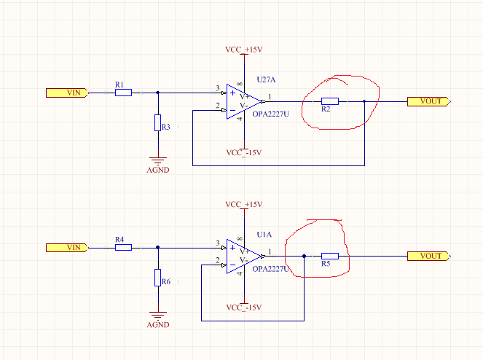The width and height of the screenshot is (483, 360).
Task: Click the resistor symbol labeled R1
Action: tap(123, 93)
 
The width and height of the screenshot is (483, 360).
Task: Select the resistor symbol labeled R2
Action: tap(329, 101)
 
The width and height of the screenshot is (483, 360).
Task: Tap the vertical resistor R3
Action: tap(157, 122)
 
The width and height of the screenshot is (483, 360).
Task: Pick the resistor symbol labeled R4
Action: tap(123, 247)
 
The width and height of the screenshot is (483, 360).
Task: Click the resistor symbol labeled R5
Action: tap(329, 256)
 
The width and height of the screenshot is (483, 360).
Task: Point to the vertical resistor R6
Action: tap(157, 278)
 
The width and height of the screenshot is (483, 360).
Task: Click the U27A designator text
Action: tap(266, 80)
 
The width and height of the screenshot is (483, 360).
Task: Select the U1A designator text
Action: tap(264, 235)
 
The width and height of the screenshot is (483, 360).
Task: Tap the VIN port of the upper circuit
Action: tap(68, 93)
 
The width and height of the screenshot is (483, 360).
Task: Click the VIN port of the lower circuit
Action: tap(68, 248)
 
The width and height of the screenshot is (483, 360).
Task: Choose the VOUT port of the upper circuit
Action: tap(429, 101)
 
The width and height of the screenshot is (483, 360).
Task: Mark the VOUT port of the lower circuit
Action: tap(429, 256)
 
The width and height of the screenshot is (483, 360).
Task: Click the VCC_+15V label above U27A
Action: tap(243, 50)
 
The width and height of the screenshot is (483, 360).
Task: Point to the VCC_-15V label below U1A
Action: tap(243, 308)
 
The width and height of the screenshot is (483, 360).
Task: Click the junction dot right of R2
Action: tap(364, 101)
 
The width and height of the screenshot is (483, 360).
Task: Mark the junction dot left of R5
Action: tap(304, 256)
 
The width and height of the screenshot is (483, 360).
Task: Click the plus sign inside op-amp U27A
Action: tap(232, 93)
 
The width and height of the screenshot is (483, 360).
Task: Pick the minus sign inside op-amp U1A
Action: tap(232, 265)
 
